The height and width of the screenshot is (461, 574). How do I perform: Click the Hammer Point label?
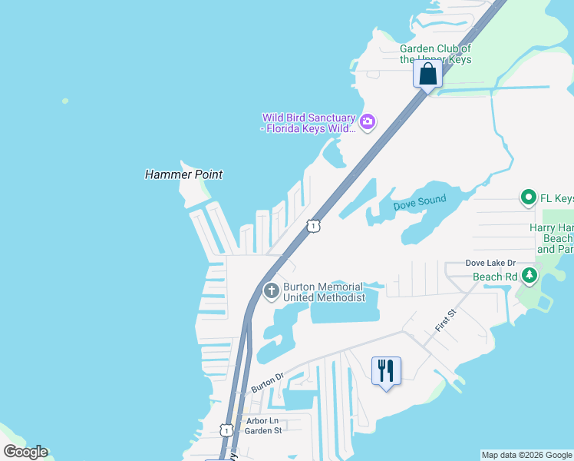[x=183, y=174]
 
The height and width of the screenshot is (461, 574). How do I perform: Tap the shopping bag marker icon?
[x=427, y=75]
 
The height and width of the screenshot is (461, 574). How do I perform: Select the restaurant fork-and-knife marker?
[x=386, y=371]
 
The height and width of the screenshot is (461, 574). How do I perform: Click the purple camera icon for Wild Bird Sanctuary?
[x=368, y=121]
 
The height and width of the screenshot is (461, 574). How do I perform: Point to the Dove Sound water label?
[x=420, y=203]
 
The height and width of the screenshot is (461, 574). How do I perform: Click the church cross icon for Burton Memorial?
[x=271, y=291]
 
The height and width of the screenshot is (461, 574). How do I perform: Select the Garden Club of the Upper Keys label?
[x=435, y=54]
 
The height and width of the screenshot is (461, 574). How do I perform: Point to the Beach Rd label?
[x=494, y=276]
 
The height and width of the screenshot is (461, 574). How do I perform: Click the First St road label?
[x=446, y=320]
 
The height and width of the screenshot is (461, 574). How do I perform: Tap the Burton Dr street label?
[x=268, y=382]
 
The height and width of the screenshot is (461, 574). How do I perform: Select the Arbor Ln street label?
[x=262, y=421]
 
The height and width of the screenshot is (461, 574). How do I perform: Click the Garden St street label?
[x=262, y=431]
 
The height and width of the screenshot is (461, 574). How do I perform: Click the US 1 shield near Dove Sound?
[x=312, y=225]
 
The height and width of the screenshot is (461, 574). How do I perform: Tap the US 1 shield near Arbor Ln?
[x=226, y=430]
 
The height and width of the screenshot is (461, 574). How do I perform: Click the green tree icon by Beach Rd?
[x=529, y=275]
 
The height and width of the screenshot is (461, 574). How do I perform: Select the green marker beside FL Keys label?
[x=528, y=199]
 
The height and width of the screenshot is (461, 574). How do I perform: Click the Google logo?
[x=25, y=452]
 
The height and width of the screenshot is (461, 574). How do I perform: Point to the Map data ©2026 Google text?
[x=526, y=455]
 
